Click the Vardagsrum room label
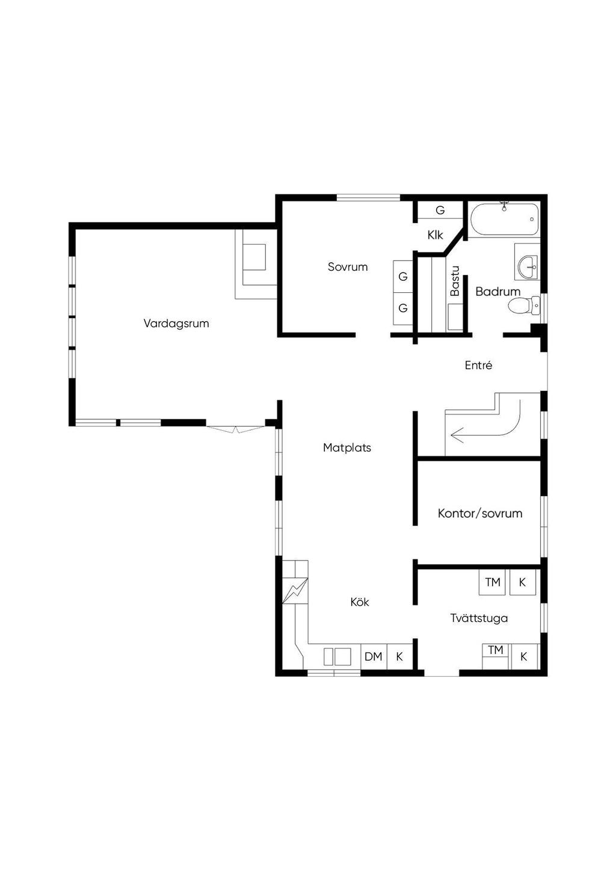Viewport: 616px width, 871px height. (176, 324)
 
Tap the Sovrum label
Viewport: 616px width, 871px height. (348, 267)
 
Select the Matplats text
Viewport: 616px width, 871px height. (347, 448)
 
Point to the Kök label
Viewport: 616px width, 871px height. (360, 602)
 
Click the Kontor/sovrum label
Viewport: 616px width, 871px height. (480, 514)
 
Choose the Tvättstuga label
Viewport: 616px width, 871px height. (479, 618)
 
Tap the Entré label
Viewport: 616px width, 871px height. (478, 365)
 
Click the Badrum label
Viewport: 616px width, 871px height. (497, 292)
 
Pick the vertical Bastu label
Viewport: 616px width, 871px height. (455, 281)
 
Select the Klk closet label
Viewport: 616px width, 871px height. (435, 235)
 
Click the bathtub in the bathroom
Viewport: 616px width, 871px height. (504, 219)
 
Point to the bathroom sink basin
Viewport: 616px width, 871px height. (528, 267)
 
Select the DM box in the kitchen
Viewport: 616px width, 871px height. (374, 657)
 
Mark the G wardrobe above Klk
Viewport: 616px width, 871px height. (440, 211)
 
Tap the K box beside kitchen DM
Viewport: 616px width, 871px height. (399, 657)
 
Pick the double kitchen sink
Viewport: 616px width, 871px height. (337, 657)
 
